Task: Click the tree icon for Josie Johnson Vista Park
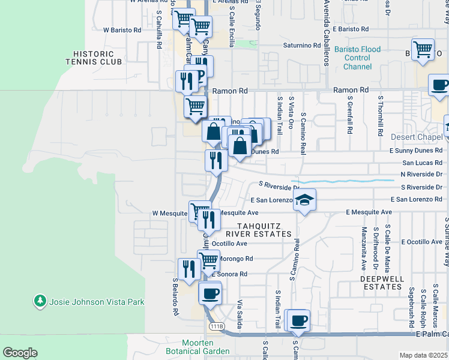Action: pyautogui.click(x=40, y=301)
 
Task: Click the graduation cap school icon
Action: pyautogui.click(x=304, y=200)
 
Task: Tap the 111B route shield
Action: pyautogui.click(x=217, y=326)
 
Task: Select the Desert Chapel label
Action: pyautogui.click(x=416, y=137)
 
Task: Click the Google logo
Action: pyautogui.click(x=20, y=353)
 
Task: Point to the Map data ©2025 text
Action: pyautogui.click(x=423, y=355)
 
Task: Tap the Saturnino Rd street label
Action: pyautogui.click(x=303, y=46)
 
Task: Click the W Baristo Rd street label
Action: pyautogui.click(x=122, y=29)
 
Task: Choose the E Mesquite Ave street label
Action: pyautogui.click(x=369, y=212)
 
